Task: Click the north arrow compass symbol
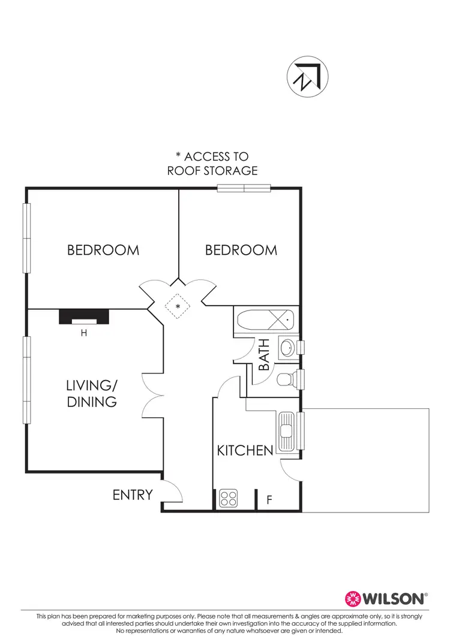(308, 77)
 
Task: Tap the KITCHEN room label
(245, 450)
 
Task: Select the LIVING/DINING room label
(92, 393)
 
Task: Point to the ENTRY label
(133, 495)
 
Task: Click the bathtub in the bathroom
(265, 321)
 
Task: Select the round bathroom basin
(287, 347)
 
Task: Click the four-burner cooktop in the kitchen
(229, 498)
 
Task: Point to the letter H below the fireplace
(84, 333)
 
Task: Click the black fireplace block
(84, 317)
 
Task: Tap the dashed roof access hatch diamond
(178, 307)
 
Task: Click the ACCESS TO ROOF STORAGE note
(212, 164)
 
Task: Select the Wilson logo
(386, 598)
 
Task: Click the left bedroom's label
(103, 250)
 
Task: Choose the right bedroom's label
(241, 250)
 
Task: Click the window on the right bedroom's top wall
(244, 188)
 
